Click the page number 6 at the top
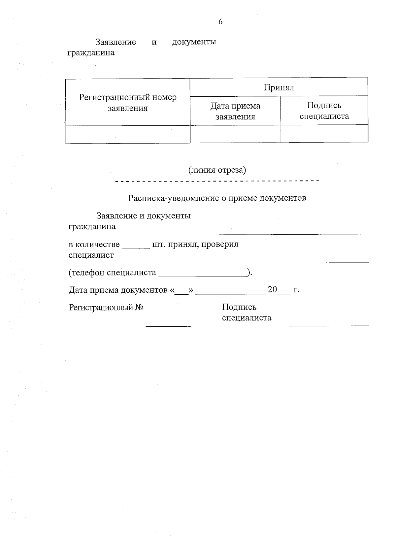click(220, 22)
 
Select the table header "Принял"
click(279, 87)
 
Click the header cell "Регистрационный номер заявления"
click(128, 103)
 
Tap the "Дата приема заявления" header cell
click(235, 111)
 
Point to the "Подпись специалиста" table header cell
click(324, 111)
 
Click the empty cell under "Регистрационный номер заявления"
click(128, 135)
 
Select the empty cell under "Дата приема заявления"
click(235, 134)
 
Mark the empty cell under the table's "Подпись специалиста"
click(324, 134)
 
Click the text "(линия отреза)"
click(217, 170)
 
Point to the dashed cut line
click(217, 181)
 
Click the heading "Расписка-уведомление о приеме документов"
click(217, 198)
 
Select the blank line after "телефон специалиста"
click(203, 275)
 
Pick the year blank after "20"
click(284, 293)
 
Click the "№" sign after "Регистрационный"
click(139, 308)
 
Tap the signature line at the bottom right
click(329, 326)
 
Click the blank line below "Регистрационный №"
click(168, 326)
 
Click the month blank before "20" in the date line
click(230, 293)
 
